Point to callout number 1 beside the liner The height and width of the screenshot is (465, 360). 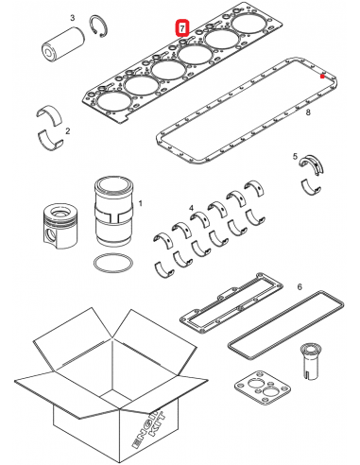click(x=140, y=201)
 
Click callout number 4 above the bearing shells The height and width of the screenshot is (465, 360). click(x=192, y=207)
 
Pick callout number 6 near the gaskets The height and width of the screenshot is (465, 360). click(x=300, y=285)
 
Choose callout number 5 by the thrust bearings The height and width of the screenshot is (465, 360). click(x=296, y=155)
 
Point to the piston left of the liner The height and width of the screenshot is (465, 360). click(x=59, y=228)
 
